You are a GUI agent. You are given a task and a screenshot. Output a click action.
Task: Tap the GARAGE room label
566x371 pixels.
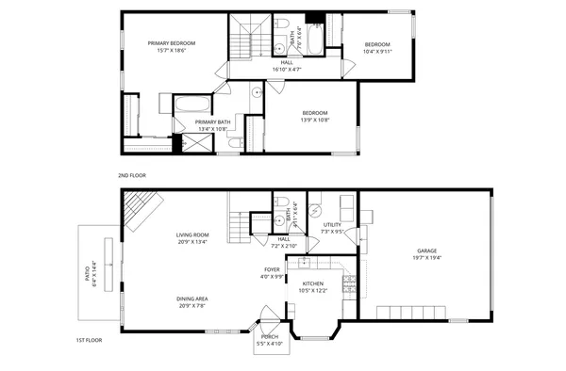(427, 250)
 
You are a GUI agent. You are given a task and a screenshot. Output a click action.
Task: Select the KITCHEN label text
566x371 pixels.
(313, 283)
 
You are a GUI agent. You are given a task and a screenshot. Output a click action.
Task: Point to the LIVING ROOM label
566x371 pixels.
(192, 234)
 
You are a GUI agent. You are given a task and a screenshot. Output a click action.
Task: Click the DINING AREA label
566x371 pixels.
(192, 300)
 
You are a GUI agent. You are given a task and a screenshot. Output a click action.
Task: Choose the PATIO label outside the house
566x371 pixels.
(90, 273)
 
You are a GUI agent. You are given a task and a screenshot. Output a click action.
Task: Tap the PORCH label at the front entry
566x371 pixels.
(268, 336)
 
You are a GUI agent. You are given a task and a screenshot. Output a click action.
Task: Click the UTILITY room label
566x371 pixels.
(332, 225)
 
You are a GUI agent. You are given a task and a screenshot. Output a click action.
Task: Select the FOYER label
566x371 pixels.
(272, 270)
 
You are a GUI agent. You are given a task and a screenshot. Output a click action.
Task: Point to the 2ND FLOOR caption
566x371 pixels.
(131, 175)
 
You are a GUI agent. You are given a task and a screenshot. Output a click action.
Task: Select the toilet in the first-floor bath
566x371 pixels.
(281, 203)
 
